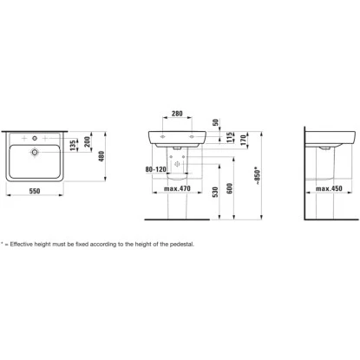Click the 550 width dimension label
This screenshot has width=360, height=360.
click(x=35, y=191)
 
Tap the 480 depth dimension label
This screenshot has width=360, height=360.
click(x=101, y=156)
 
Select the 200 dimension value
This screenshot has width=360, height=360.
click(x=88, y=141)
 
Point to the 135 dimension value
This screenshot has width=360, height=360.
click(x=73, y=145)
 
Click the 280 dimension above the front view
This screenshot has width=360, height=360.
click(x=177, y=114)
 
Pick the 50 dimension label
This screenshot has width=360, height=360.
click(x=216, y=122)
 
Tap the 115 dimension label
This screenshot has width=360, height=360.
click(x=230, y=137)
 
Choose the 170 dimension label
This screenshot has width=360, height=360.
click(x=244, y=140)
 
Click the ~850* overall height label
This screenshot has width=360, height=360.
click(x=258, y=175)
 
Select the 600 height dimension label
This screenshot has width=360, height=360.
click(x=230, y=188)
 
